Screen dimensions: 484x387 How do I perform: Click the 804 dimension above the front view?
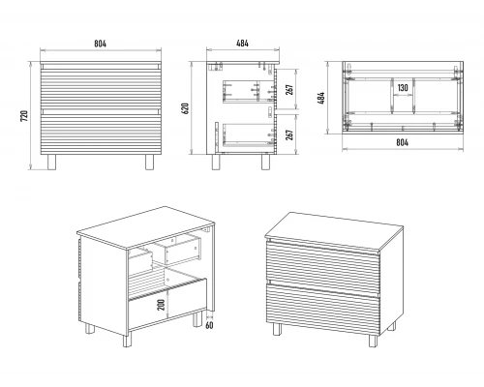pyautogui.click(x=100, y=44)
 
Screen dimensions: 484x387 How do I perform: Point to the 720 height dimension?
pyautogui.click(x=24, y=116)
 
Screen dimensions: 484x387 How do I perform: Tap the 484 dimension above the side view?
pyautogui.click(x=242, y=44)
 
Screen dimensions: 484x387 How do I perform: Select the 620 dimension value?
pyautogui.click(x=185, y=108)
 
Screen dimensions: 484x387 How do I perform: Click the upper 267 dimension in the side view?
pyautogui.click(x=289, y=90)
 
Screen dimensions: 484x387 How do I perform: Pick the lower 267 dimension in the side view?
pyautogui.click(x=289, y=134)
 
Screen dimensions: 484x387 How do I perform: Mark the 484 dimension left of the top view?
pyautogui.click(x=321, y=98)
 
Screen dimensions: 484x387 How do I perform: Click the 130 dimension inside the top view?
pyautogui.click(x=403, y=88)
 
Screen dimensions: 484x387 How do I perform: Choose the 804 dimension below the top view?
pyautogui.click(x=402, y=142)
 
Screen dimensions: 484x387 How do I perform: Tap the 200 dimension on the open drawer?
pyautogui.click(x=161, y=305)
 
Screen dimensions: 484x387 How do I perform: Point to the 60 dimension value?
pyautogui.click(x=209, y=325)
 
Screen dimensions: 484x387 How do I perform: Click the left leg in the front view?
pyautogui.click(x=51, y=163)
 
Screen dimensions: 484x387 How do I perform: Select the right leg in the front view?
pyautogui.click(x=149, y=163)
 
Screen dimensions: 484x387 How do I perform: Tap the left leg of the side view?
pyautogui.click(x=216, y=162)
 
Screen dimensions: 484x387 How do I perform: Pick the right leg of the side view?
pyautogui.click(x=265, y=162)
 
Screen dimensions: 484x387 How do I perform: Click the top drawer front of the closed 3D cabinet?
pyautogui.click(x=322, y=264)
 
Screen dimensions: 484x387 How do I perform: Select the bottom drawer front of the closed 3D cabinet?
pyautogui.click(x=322, y=308)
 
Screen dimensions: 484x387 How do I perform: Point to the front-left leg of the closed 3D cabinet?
pyautogui.click(x=277, y=329)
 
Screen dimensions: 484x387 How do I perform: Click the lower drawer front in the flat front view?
pyautogui.click(x=101, y=132)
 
